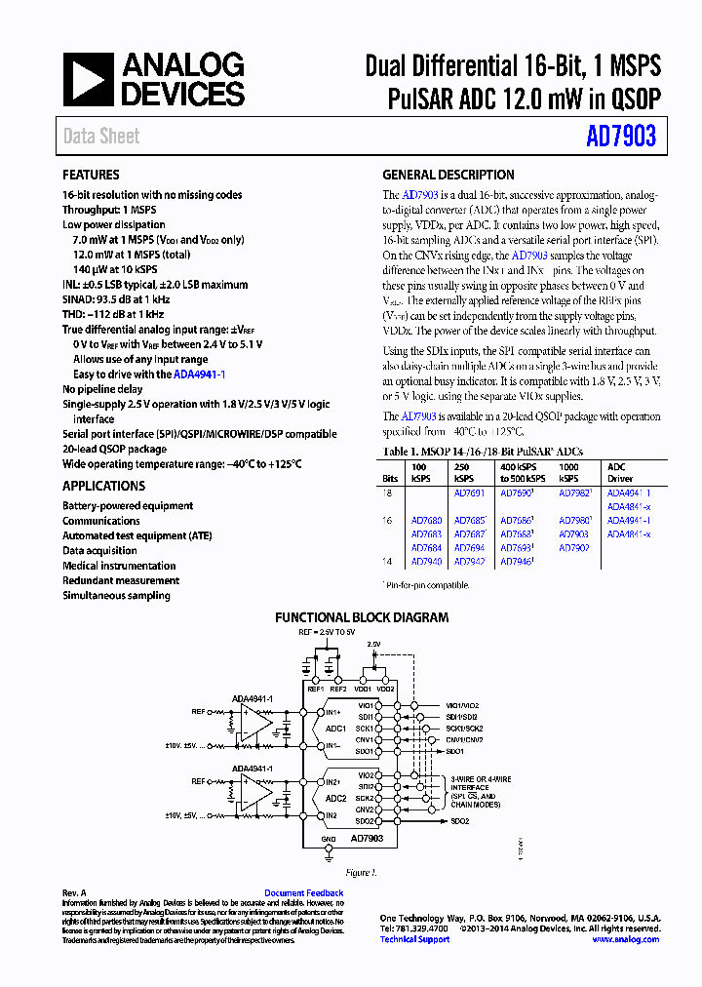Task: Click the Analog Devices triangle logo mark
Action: pos(89,80)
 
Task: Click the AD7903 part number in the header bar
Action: pos(620,137)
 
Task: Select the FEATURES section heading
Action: pos(92,176)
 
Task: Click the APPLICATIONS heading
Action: pos(103,486)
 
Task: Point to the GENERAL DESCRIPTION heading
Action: pos(448,176)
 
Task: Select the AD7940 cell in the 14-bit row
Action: pos(426,562)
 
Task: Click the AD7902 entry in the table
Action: pos(573,548)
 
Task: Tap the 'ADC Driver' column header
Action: pos(620,473)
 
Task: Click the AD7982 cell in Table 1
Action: pos(573,493)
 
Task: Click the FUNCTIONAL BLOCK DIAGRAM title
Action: pos(362,617)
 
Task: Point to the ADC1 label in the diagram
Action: pos(336,729)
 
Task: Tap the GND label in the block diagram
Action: pos(328,839)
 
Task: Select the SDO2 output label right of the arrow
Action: pos(459,821)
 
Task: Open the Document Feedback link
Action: pos(303,893)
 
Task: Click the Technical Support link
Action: pos(414,939)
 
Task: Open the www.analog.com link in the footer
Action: pos(625,939)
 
